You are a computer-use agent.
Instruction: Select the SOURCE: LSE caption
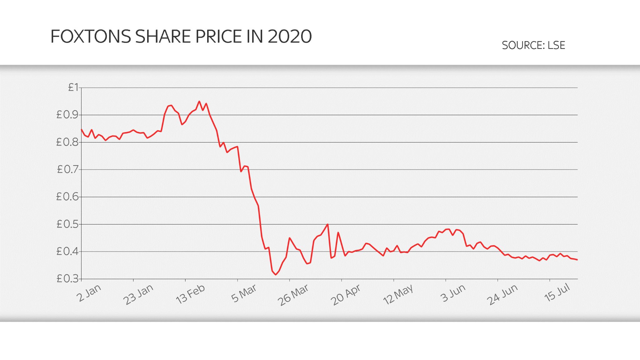[x=533, y=45]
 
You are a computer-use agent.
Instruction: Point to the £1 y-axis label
[x=73, y=87]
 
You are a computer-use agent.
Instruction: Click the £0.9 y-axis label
[x=67, y=115]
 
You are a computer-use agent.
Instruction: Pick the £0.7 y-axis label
[x=67, y=169]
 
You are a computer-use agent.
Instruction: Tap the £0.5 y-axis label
[x=67, y=224]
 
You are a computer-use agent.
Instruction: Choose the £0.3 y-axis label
[x=67, y=278]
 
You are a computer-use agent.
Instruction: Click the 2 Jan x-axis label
[x=89, y=293]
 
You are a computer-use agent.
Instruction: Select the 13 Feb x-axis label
[x=190, y=294]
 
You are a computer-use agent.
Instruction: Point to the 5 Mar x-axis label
[x=244, y=293]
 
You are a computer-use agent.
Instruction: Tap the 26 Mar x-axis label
[x=293, y=295]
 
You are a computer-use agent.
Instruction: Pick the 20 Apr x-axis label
[x=345, y=295]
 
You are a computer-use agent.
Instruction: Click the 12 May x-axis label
[x=398, y=295]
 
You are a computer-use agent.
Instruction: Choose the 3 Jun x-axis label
[x=453, y=293]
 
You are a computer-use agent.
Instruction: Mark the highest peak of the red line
[x=199, y=101]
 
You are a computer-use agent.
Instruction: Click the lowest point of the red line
[x=276, y=275]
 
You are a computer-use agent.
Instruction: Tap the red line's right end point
[x=577, y=260]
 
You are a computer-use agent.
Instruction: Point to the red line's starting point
[x=82, y=129]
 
